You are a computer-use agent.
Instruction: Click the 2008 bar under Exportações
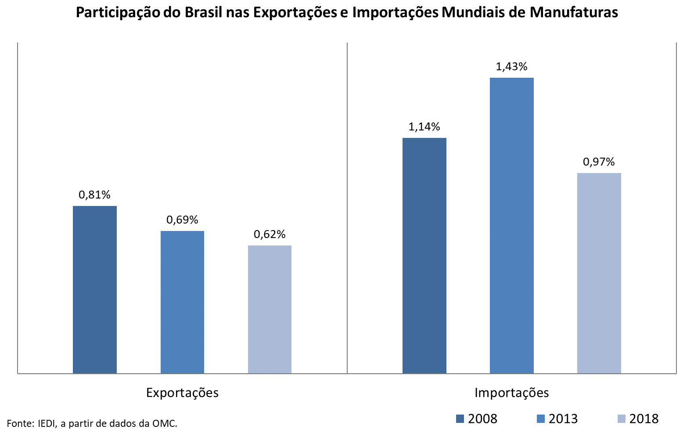pyautogui.click(x=95, y=290)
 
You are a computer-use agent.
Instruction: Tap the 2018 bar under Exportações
pyautogui.click(x=270, y=310)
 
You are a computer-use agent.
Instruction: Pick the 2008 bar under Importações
pyautogui.click(x=424, y=256)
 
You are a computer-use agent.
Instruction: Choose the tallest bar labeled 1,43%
pyautogui.click(x=511, y=226)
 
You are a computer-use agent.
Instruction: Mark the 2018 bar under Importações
pyautogui.click(x=599, y=273)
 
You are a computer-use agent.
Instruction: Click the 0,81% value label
pyautogui.click(x=94, y=195)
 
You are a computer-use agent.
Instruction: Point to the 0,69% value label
pyautogui.click(x=182, y=220)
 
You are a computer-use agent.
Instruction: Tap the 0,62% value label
pyautogui.click(x=270, y=234)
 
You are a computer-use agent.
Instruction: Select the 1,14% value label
pyautogui.click(x=424, y=127)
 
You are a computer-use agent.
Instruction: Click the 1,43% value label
pyautogui.click(x=511, y=67)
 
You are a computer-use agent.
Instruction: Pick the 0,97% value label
pyautogui.click(x=599, y=162)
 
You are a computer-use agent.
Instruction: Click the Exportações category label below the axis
pyautogui.click(x=182, y=392)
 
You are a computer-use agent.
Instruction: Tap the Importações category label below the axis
pyautogui.click(x=511, y=392)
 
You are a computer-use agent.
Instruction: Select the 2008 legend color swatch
pyautogui.click(x=460, y=419)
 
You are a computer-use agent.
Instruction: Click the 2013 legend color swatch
pyautogui.click(x=541, y=419)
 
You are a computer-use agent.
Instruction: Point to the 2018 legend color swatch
pyautogui.click(x=621, y=419)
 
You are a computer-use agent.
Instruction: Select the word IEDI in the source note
pyautogui.click(x=47, y=423)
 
